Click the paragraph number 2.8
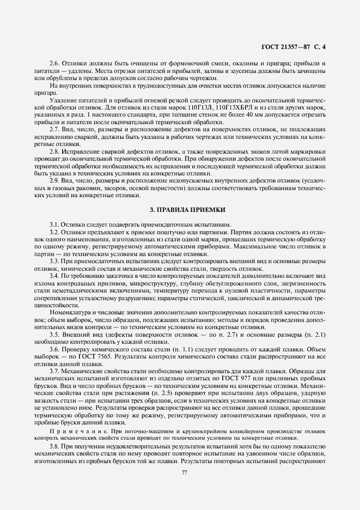point(54,150)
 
